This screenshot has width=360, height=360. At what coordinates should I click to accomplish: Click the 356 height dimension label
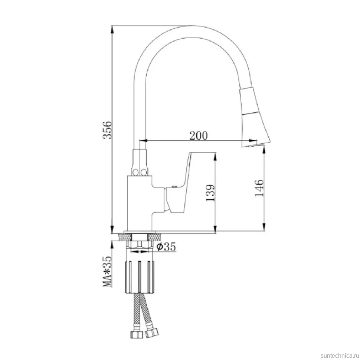pyautogui.click(x=107, y=130)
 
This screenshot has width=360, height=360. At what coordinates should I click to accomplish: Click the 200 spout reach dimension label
pyautogui.click(x=199, y=135)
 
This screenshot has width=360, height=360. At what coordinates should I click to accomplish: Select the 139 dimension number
pyautogui.click(x=210, y=193)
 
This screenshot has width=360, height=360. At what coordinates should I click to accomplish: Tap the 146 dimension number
pyautogui.click(x=259, y=188)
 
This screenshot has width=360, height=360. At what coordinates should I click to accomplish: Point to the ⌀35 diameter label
pyautogui.click(x=166, y=247)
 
